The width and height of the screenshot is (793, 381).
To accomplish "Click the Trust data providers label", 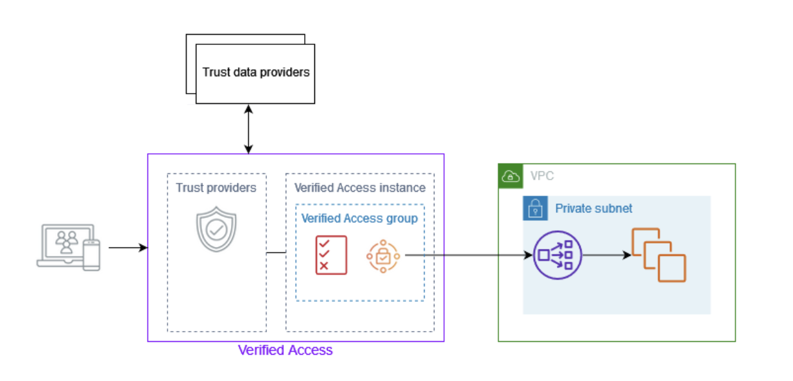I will tap(256, 72).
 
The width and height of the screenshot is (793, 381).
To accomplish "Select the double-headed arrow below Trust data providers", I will tap(248, 129).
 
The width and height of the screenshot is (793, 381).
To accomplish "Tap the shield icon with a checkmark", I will tap(216, 229).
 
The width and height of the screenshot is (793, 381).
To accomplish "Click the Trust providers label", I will tap(216, 188).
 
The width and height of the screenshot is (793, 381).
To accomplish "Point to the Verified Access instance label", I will tap(359, 188).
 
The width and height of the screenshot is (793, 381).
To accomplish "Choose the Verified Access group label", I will tap(359, 219).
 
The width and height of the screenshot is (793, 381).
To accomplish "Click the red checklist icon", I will tap(331, 255).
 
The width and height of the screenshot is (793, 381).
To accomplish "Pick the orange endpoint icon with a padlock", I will tap(383, 255).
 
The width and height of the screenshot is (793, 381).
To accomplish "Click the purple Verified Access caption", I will tap(286, 350).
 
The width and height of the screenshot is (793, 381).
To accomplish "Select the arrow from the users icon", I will tap(128, 248).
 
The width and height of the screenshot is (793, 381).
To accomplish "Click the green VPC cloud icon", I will tap(510, 176).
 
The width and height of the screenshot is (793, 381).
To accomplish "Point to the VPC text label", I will tap(541, 176).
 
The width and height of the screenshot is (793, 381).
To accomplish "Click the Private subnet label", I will tap(593, 208).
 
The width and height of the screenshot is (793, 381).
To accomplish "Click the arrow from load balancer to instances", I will tap(607, 255).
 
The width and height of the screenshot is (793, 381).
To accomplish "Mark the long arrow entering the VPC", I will tap(468, 255).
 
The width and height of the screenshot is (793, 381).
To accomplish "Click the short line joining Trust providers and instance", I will tap(276, 253).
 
